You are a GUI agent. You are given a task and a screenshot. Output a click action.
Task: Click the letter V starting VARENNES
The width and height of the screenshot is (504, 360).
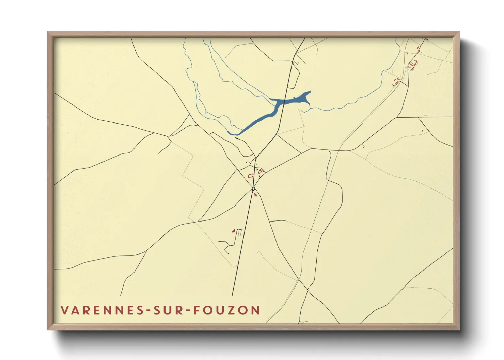(x=64, y=310)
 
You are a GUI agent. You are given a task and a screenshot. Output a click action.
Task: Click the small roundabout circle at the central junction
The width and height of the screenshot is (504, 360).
(x=253, y=189)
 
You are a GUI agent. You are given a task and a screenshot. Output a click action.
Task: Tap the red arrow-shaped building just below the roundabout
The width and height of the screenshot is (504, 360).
(x=255, y=195)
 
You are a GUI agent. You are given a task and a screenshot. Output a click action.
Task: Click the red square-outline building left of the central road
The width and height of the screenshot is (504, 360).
(x=251, y=176)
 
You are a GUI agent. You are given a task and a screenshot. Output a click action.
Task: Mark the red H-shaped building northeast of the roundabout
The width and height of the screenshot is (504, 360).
(x=261, y=170)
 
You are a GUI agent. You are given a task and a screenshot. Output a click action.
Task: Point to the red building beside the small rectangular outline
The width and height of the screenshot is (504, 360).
(x=234, y=231)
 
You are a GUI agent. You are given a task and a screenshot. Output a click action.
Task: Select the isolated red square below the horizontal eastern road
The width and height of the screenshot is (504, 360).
(x=423, y=131)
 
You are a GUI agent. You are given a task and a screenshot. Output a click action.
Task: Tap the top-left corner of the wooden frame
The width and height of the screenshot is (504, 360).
(x=48, y=32)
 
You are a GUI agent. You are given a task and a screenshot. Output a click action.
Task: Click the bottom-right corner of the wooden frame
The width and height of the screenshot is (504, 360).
(x=459, y=329)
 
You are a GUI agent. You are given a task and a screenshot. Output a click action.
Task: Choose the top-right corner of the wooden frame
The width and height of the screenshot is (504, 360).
(x=459, y=32)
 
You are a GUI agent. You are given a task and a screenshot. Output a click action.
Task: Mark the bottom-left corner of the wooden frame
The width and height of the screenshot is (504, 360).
(x=48, y=329)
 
